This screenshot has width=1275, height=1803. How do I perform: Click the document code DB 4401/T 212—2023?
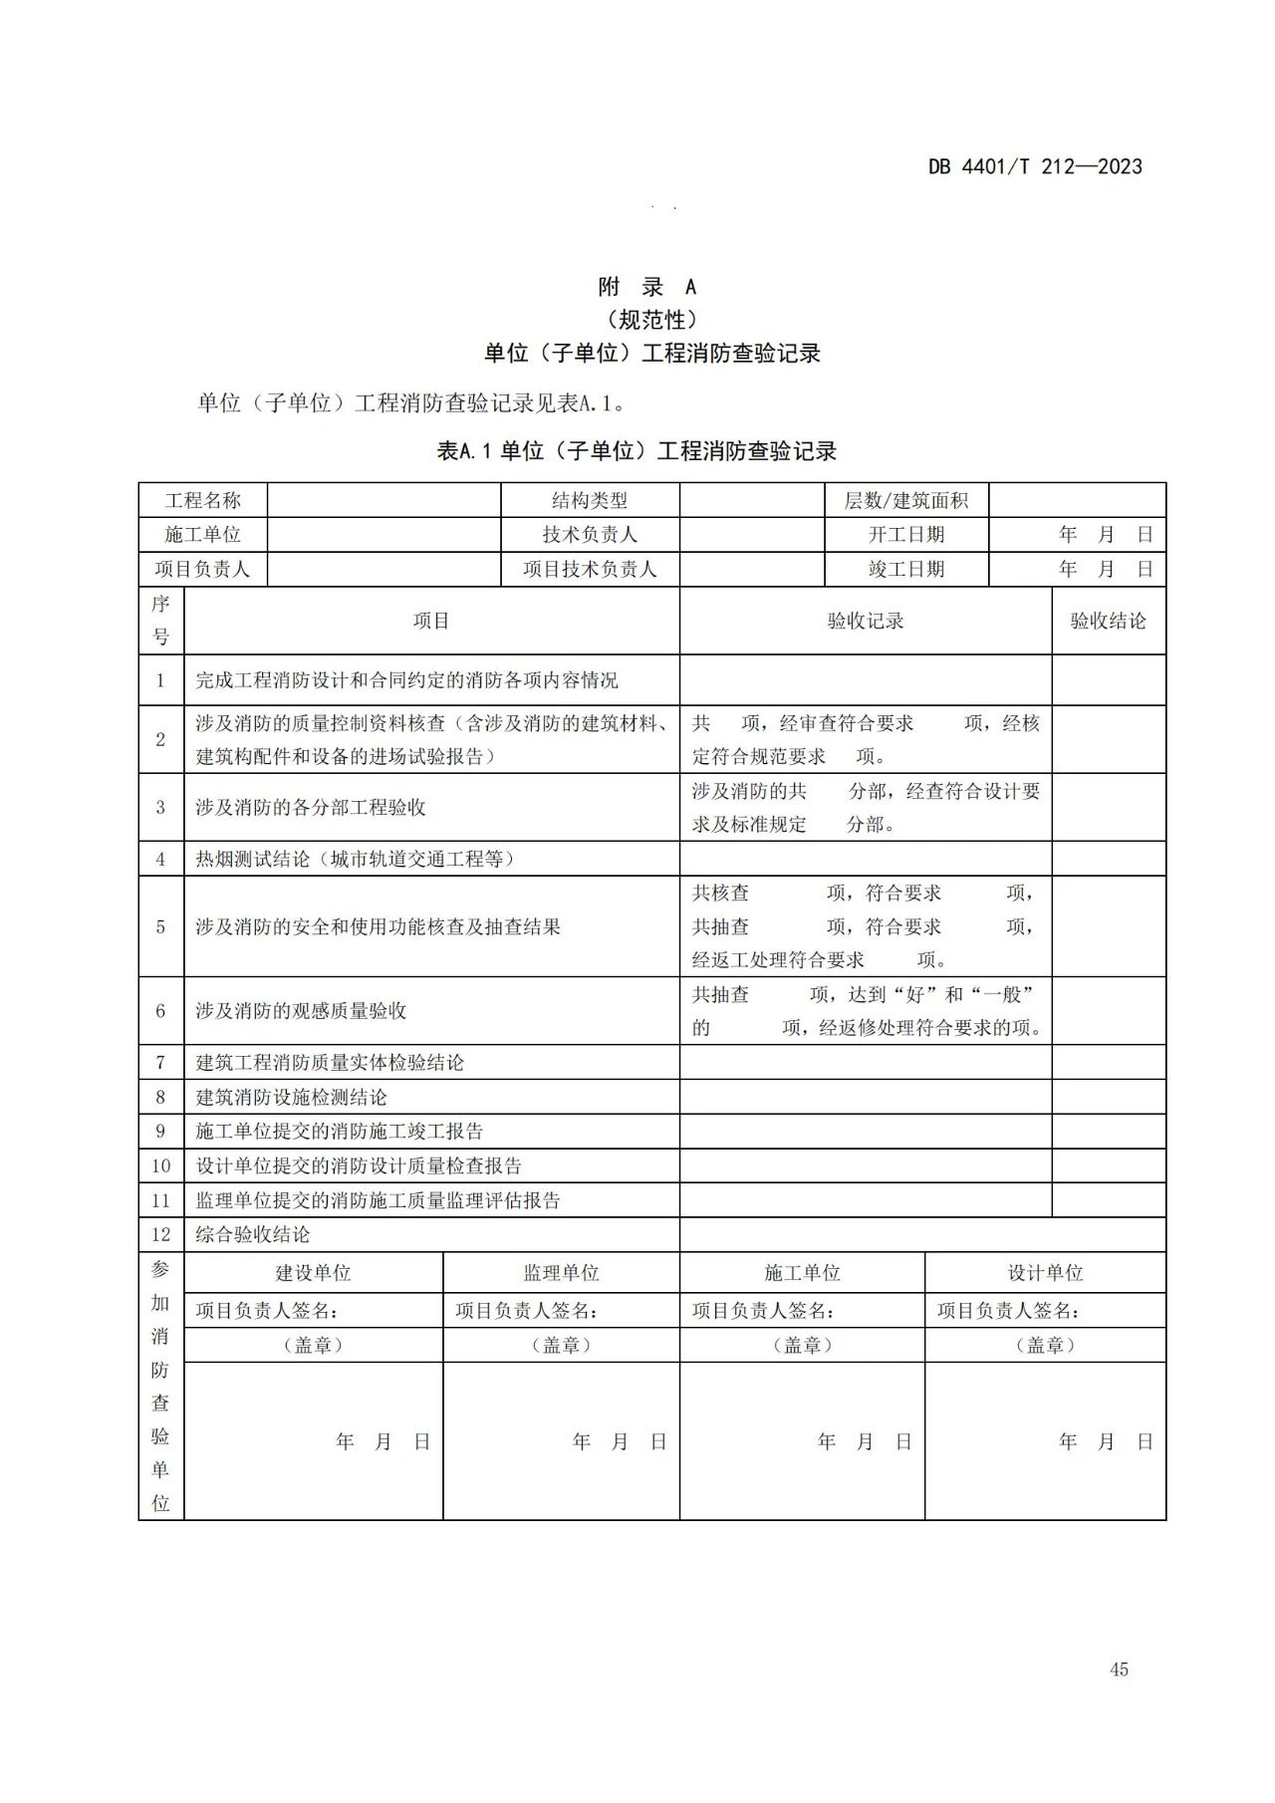pos(1035,166)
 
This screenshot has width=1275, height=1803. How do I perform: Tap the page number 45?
pos(1119,1670)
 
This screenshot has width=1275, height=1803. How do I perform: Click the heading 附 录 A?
pos(647,287)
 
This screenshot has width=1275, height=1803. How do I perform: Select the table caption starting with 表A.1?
pos(637,451)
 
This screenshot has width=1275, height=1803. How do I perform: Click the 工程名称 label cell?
pos(203,500)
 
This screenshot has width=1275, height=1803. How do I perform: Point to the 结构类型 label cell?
pos(590,500)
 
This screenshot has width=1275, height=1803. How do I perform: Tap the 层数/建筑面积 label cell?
pos(906,500)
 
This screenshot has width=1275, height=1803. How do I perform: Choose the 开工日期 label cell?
pos(906,535)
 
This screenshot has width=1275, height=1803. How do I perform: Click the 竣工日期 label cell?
pos(906,570)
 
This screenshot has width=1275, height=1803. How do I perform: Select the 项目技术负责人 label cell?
pos(590,570)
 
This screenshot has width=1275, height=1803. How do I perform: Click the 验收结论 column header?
pos(1108,622)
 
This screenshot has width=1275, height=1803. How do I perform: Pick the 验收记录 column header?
pos(866,622)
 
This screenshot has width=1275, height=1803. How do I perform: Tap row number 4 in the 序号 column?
pos(160,859)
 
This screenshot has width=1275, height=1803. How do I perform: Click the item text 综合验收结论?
pos(253,1235)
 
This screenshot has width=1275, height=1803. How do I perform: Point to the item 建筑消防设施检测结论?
pos(292,1098)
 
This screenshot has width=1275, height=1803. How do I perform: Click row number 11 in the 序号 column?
pos(160,1201)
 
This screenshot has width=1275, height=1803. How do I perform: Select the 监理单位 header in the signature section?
pos(561,1273)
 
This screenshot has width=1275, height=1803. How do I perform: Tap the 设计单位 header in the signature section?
pos(1045,1273)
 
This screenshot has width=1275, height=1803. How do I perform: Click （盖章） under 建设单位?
pos(313,1346)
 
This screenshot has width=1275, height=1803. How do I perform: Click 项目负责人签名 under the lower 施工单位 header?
pos(764,1311)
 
